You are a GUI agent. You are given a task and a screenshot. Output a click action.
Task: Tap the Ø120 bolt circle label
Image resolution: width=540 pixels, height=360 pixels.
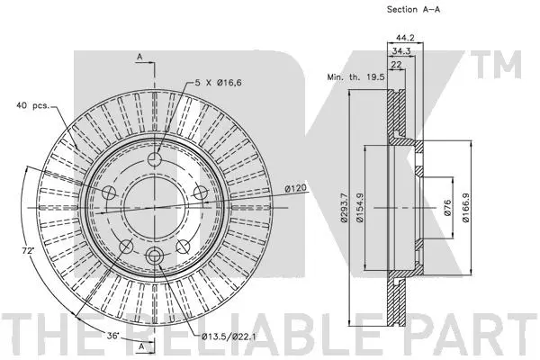coord(297,188)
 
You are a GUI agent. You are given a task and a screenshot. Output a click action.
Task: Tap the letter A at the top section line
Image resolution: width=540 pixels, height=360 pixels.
coord(141,57)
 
